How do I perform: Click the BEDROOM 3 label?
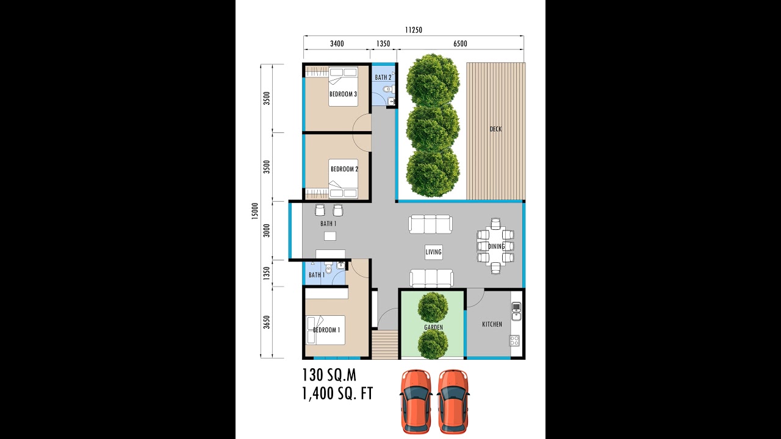(x=343, y=94)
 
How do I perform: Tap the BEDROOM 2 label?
(x=344, y=169)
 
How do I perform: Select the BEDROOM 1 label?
(x=326, y=330)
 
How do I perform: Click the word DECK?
(x=495, y=129)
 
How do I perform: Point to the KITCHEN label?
(x=492, y=324)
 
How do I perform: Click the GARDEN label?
(x=433, y=327)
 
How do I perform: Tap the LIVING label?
(x=433, y=252)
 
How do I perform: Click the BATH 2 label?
(x=383, y=77)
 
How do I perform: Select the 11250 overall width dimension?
(x=413, y=30)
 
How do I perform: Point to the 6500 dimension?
(x=461, y=43)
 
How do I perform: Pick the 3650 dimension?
(x=267, y=322)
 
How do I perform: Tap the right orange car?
(x=453, y=400)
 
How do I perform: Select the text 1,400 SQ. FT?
(x=337, y=393)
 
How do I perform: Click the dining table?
(x=495, y=246)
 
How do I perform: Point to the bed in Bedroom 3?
(x=343, y=87)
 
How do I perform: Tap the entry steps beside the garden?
(x=384, y=344)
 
